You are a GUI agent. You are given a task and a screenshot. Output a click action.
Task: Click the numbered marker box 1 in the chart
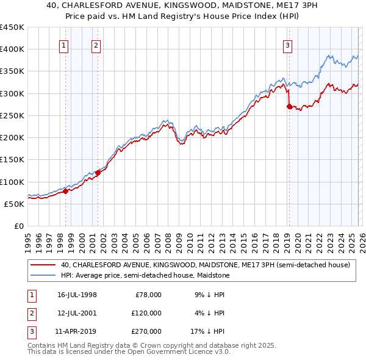point(64,44)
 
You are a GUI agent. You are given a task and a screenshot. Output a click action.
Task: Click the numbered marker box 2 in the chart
point(96,44)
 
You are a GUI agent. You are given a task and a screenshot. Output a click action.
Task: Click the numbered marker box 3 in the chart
point(287,44)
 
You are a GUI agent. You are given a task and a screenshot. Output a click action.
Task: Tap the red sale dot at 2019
point(289,106)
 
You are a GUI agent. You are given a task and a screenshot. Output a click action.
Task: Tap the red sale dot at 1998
point(65,192)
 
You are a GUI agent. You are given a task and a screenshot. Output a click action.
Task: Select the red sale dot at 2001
point(98,173)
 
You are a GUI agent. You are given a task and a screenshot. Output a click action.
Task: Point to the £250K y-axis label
point(12,115)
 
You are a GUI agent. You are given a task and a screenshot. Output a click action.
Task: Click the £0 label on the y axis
point(18,226)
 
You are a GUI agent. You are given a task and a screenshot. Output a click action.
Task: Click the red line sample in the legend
point(43,265)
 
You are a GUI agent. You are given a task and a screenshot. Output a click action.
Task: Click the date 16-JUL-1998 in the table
point(77,295)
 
